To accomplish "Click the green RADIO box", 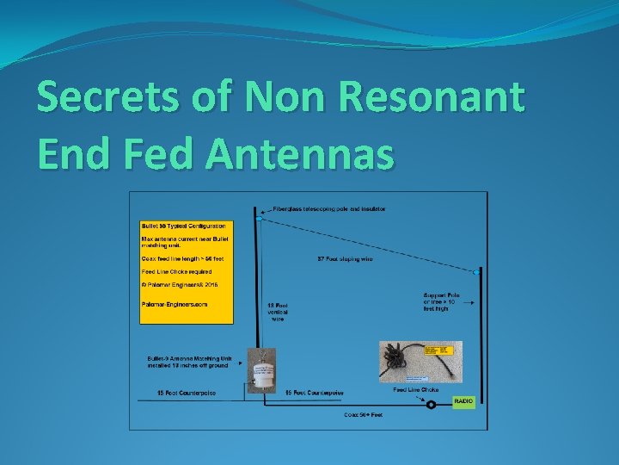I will [463, 401].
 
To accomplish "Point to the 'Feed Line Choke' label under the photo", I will [415, 390].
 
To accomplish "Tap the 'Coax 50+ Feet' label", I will [363, 415].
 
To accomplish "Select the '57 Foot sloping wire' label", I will [345, 258].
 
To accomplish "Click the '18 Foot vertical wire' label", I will [277, 312].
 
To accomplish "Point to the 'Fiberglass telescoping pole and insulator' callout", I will [329, 208].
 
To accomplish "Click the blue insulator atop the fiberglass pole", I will [258, 219].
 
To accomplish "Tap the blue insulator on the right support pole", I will [475, 272].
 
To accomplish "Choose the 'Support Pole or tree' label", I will [440, 302].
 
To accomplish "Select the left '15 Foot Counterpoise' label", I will [186, 393].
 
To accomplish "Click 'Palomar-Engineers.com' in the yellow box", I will [175, 303].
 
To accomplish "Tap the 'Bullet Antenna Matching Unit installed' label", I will [189, 362].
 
